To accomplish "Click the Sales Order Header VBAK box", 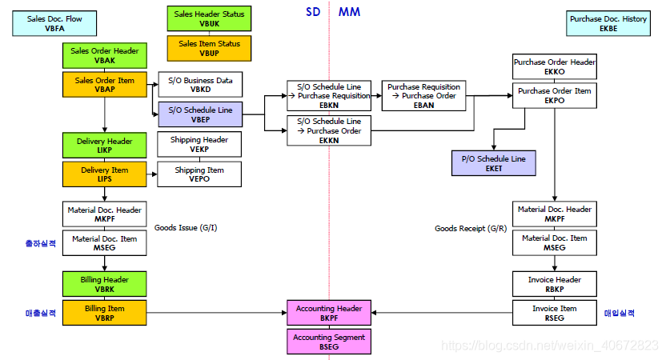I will [x=104, y=55].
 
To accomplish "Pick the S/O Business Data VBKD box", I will [x=200, y=85].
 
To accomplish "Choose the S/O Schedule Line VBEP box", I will [x=200, y=114].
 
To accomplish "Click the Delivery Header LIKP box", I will [x=104, y=146].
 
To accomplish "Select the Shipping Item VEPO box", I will [x=200, y=174].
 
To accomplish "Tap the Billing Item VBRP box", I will [x=104, y=313].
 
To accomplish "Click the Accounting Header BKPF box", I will [x=328, y=313].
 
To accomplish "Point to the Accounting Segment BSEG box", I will [x=328, y=342].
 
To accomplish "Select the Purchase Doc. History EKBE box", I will [x=608, y=23].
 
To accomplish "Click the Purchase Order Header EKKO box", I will [x=554, y=66].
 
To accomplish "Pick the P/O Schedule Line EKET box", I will [x=493, y=163].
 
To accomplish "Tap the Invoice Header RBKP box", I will [x=554, y=284].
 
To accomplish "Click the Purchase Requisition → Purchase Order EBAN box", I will [x=423, y=95].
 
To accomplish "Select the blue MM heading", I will [x=349, y=12].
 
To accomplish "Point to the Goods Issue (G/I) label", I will [x=185, y=228].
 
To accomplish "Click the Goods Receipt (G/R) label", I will [x=471, y=228].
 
